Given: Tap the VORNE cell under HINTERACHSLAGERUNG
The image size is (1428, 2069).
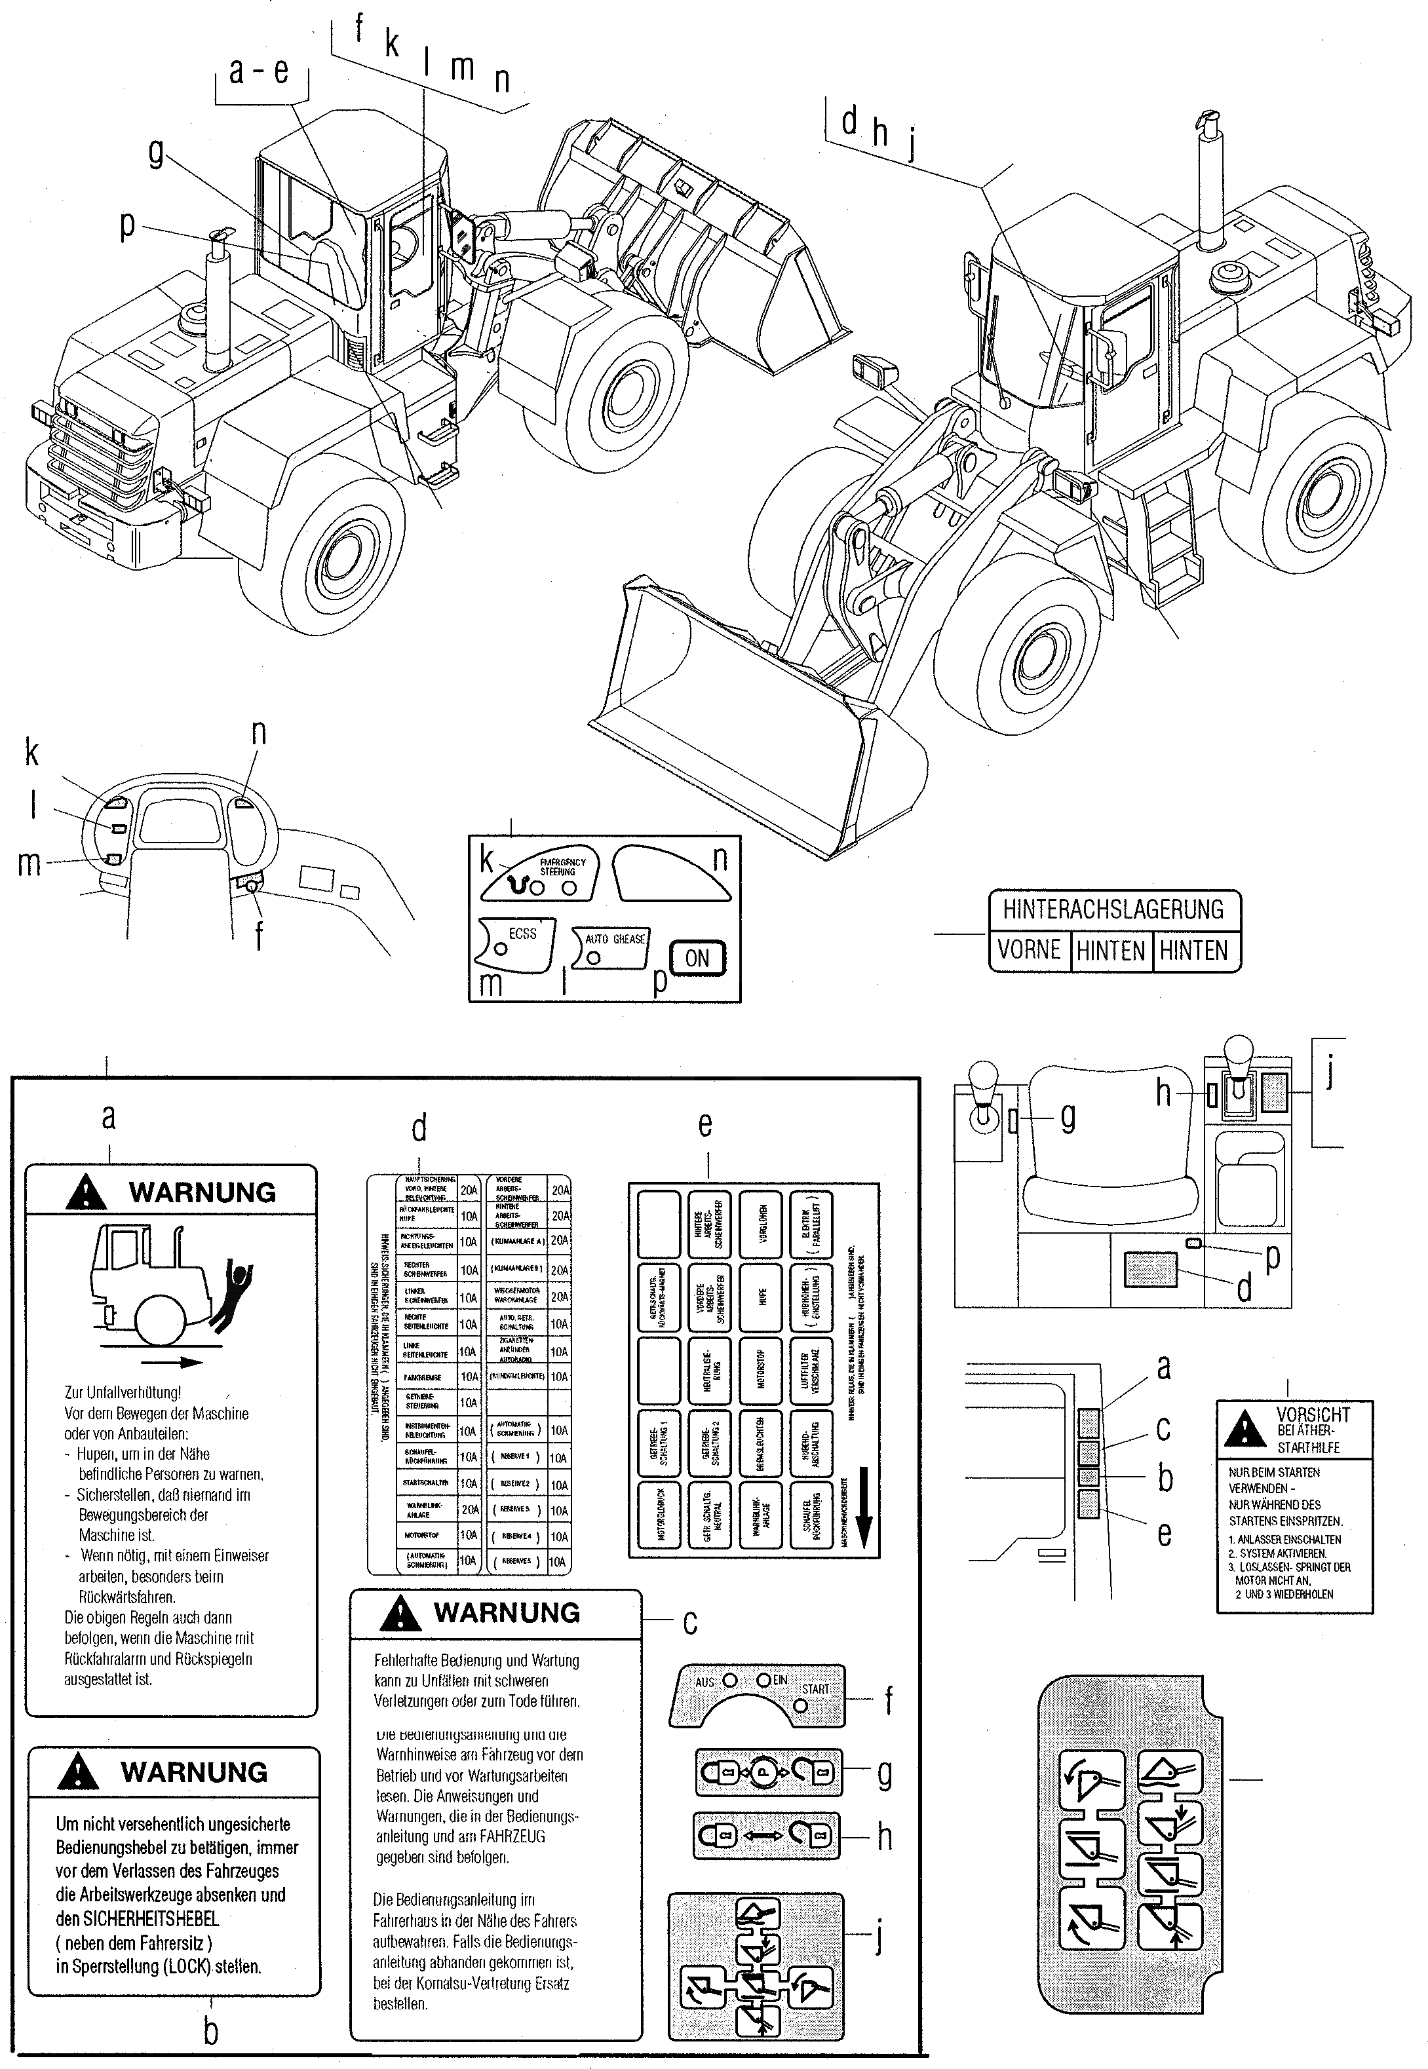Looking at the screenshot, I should (x=1029, y=949).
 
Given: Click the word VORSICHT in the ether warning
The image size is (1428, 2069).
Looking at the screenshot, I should (x=1313, y=1414).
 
